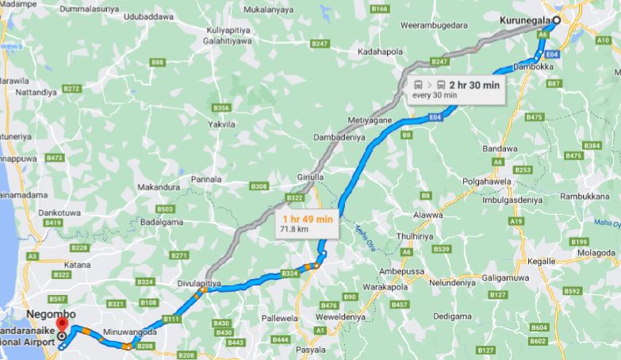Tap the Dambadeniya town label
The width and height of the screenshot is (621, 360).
(x=341, y=136)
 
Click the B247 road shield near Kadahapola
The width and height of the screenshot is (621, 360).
(x=439, y=61)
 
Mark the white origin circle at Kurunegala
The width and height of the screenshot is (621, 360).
(x=556, y=21)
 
